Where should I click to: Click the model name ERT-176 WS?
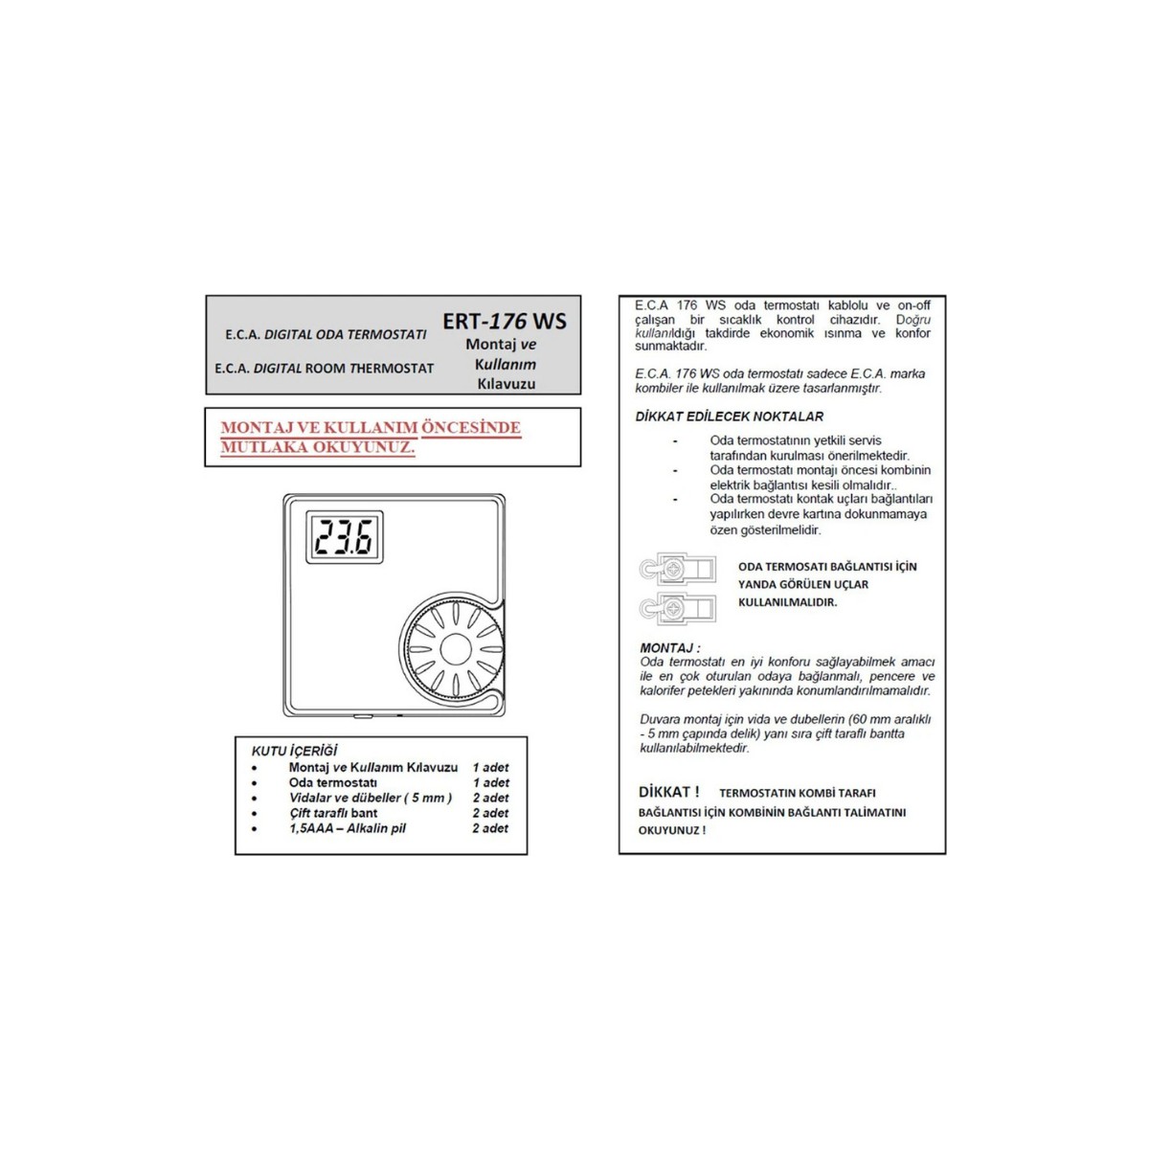pos(505,321)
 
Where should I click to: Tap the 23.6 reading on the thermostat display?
pos(345,537)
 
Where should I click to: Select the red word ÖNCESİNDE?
pos(471,428)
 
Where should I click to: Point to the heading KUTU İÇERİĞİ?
pos(295,752)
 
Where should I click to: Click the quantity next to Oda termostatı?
pos(490,782)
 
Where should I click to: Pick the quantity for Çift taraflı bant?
pos(490,813)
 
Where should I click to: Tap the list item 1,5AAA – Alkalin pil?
pos(348,828)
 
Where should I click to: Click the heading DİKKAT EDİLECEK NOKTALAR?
pos(729,417)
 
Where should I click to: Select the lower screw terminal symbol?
pos(677,607)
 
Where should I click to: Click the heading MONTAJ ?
pos(669,648)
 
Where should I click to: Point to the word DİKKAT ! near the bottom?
pos(668,792)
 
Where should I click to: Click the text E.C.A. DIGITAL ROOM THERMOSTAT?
pos(324,368)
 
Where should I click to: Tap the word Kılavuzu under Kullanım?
pos(506,384)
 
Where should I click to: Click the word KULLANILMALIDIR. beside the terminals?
pos(787,602)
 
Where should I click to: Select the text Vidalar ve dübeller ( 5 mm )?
pos(371,798)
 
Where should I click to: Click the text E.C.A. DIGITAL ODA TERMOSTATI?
pos(326,335)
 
